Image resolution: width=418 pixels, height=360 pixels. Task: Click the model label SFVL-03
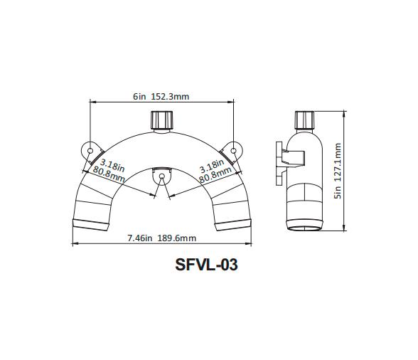point(206,265)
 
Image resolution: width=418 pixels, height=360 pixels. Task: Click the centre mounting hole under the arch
point(162,175)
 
